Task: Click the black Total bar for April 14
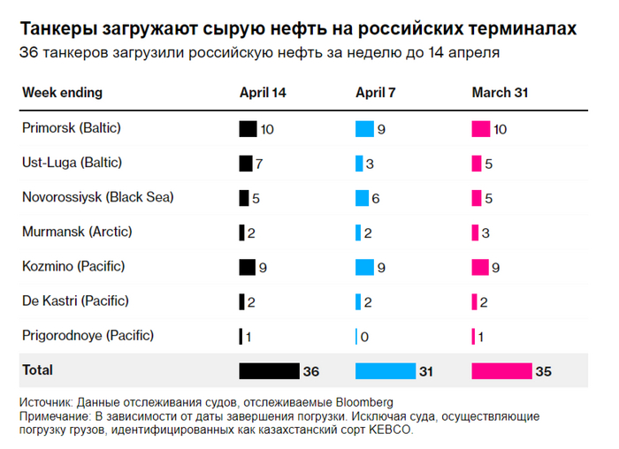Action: pos(269,371)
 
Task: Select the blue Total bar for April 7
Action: pos(385,371)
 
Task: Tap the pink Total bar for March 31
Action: pos(501,371)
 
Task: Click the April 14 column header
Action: pos(263,93)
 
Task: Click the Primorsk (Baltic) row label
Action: pos(71,128)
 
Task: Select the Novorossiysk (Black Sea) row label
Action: pos(97,197)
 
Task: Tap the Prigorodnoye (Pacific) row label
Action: pos(88,336)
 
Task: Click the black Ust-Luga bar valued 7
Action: pos(246,164)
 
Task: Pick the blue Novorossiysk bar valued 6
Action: pos(362,198)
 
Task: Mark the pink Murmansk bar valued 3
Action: pos(475,232)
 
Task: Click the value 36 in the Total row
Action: pos(311,371)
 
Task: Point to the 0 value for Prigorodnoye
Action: pos(365,337)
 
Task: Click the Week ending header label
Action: pos(62,93)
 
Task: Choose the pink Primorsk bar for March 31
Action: pos(481,129)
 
